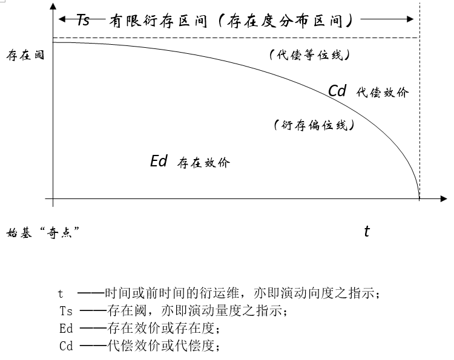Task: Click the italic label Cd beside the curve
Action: pyautogui.click(x=337, y=91)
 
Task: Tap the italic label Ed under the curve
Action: pyautogui.click(x=159, y=161)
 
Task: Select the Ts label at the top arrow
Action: pyautogui.click(x=84, y=20)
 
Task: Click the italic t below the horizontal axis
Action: pyautogui.click(x=367, y=231)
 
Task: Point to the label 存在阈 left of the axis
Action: pyautogui.click(x=25, y=55)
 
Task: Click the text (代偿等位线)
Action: pyautogui.click(x=309, y=54)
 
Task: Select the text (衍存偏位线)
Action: pyautogui.click(x=314, y=125)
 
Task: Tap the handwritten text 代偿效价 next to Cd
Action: pyautogui.click(x=383, y=93)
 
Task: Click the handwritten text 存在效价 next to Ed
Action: pyautogui.click(x=203, y=163)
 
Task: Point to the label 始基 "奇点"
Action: pyautogui.click(x=43, y=232)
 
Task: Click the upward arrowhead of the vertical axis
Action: pyautogui.click(x=53, y=6)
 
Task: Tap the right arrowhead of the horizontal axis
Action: pyautogui.click(x=444, y=198)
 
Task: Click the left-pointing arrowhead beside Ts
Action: pyautogui.click(x=62, y=19)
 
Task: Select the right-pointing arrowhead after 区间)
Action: pyautogui.click(x=410, y=19)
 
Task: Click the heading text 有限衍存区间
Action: pyautogui.click(x=158, y=21)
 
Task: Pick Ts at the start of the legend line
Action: pyautogui.click(x=66, y=311)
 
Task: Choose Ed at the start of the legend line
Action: pyautogui.click(x=66, y=329)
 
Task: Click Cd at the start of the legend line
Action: pyautogui.click(x=66, y=346)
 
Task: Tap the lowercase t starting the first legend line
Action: pyautogui.click(x=60, y=293)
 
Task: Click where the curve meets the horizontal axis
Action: pyautogui.click(x=419, y=198)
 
